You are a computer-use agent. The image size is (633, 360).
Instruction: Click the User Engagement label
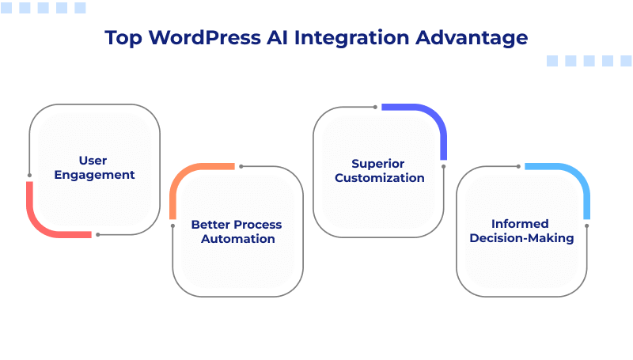pyautogui.click(x=94, y=168)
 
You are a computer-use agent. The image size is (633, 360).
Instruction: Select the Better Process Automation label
pyautogui.click(x=237, y=231)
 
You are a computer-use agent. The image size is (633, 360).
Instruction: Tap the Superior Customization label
pyautogui.click(x=379, y=171)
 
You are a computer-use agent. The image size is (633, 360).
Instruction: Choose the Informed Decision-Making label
pyautogui.click(x=521, y=230)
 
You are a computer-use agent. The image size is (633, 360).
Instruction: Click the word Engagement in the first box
pyautogui.click(x=94, y=175)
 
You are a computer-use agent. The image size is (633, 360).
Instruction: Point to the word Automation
pyautogui.click(x=237, y=238)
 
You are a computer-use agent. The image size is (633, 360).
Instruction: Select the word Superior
pyautogui.click(x=379, y=164)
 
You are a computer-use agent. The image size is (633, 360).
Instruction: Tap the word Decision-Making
pyautogui.click(x=521, y=237)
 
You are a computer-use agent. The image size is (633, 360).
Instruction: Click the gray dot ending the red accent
pyautogui.click(x=97, y=234)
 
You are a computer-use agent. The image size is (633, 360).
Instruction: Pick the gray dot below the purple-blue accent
pyautogui.click(x=444, y=166)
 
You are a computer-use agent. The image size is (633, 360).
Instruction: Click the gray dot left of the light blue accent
pyautogui.click(x=519, y=166)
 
